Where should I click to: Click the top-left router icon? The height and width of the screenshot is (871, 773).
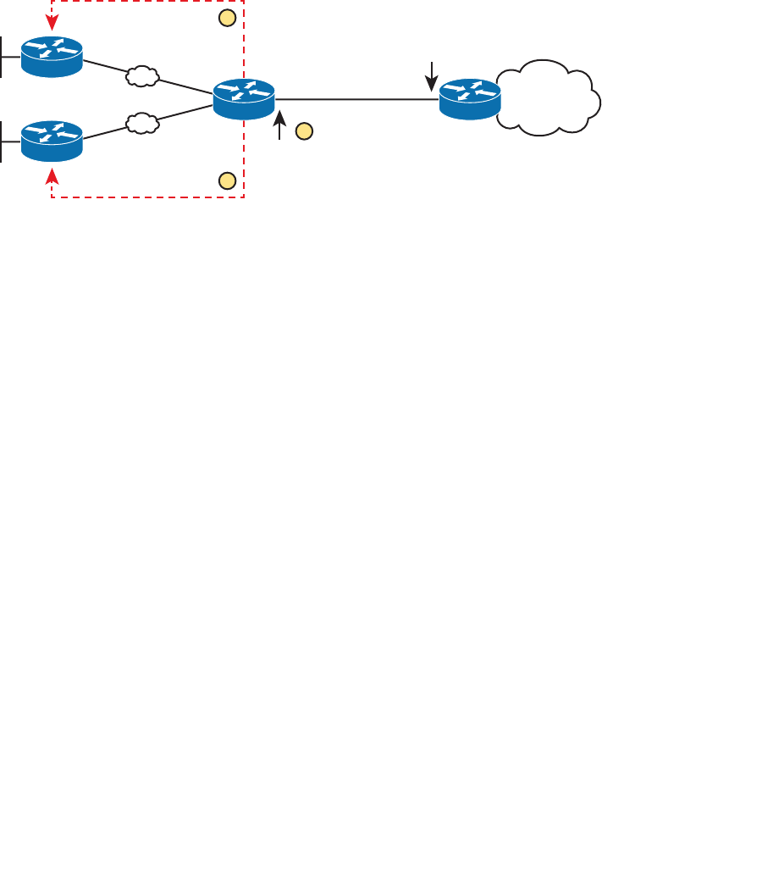click(x=52, y=56)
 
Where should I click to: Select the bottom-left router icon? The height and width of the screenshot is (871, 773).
click(x=52, y=141)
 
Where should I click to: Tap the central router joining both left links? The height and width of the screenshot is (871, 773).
click(x=244, y=98)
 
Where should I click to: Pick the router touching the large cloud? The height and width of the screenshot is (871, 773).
click(x=470, y=98)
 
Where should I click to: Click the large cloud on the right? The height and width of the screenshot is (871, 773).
click(x=550, y=98)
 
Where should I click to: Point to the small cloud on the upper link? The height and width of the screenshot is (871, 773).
click(x=142, y=76)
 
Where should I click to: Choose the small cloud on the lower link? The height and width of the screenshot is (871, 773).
click(x=142, y=124)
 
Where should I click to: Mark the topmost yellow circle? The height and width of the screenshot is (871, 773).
click(x=226, y=18)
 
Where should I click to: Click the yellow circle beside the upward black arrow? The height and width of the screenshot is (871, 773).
click(x=304, y=131)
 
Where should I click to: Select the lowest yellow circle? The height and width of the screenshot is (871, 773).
click(x=226, y=180)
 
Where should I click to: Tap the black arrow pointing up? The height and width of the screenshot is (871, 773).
click(x=280, y=125)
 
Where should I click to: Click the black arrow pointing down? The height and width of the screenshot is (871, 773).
click(x=432, y=76)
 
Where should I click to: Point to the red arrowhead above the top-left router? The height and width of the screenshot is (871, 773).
click(x=52, y=25)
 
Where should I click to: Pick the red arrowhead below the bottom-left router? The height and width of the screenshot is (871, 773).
click(x=52, y=175)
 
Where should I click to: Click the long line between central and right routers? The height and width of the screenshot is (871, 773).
click(x=356, y=99)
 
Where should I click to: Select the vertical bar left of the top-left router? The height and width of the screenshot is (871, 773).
click(x=3, y=57)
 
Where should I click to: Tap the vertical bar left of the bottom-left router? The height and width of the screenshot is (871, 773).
click(x=3, y=141)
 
